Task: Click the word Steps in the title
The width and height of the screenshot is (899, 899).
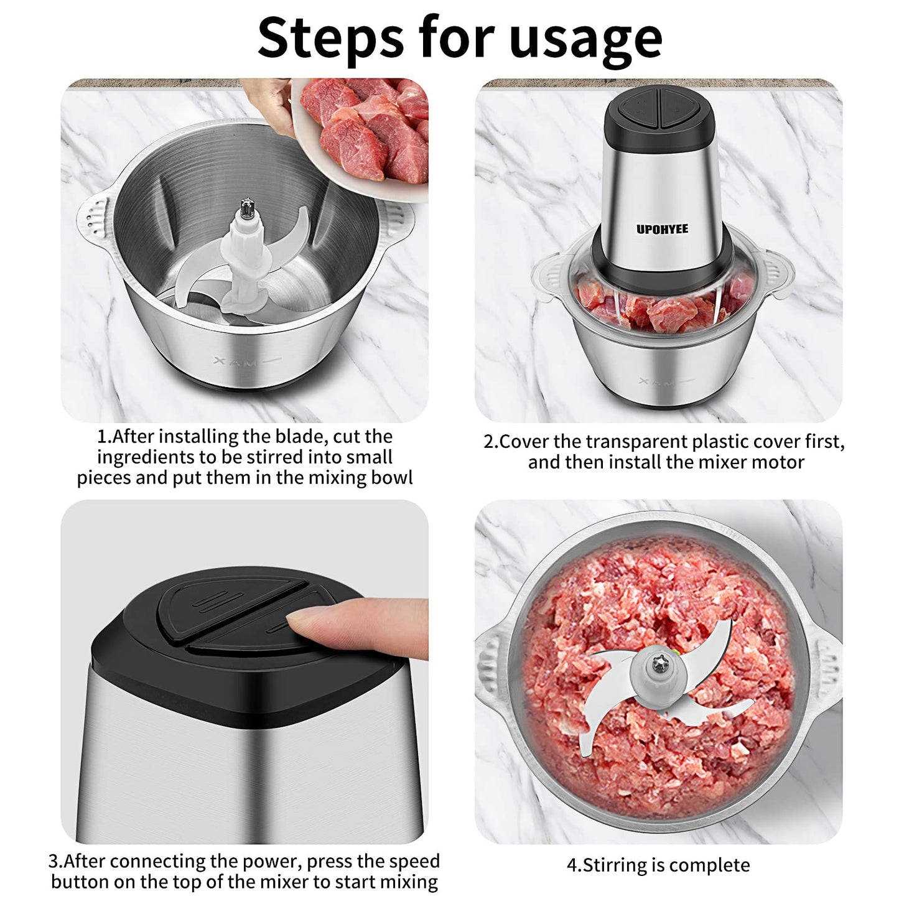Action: click(x=331, y=39)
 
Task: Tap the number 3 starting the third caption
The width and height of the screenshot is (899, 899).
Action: click(x=53, y=848)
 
